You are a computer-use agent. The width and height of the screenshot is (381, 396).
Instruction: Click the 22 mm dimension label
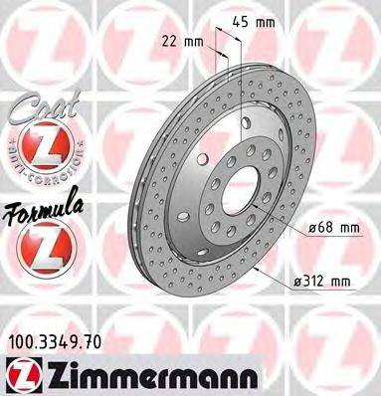[178, 42]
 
